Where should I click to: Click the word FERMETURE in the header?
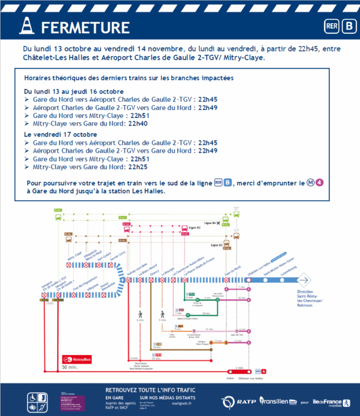(x=85, y=28)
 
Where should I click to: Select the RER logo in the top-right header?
(x=331, y=26)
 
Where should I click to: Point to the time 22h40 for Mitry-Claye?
(x=137, y=124)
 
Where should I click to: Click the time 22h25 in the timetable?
(x=137, y=166)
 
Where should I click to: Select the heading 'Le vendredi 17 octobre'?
(x=61, y=134)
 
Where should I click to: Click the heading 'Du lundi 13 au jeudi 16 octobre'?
(x=74, y=91)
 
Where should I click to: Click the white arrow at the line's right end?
(x=306, y=280)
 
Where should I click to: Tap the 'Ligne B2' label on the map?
(x=194, y=227)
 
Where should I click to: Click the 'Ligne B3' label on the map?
(x=217, y=244)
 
